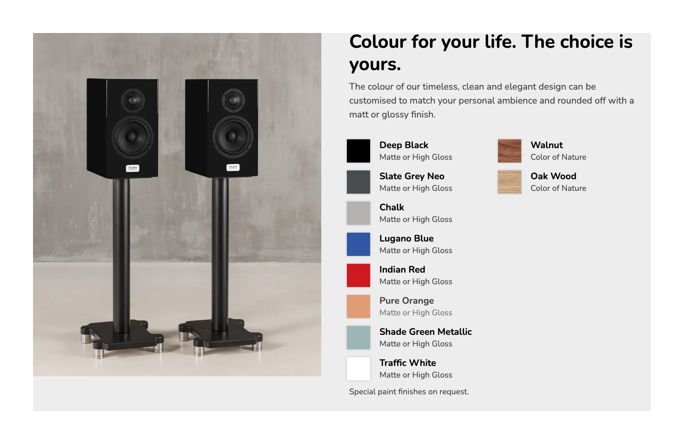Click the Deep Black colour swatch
click(x=358, y=151)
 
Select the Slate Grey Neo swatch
click(x=358, y=182)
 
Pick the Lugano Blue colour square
click(x=358, y=244)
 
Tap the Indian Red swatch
click(x=358, y=275)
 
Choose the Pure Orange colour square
click(x=358, y=307)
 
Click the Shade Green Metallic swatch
click(x=358, y=338)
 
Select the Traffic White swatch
click(x=358, y=369)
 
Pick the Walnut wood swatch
click(x=509, y=151)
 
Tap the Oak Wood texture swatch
click(x=509, y=182)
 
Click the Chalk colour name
click(x=392, y=207)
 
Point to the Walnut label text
click(x=546, y=145)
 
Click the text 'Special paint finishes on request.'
click(x=409, y=392)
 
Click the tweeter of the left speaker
click(x=133, y=100)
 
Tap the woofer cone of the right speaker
click(x=232, y=136)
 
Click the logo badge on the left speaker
click(x=133, y=168)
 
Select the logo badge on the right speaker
click(x=233, y=167)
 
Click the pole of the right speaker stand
click(x=220, y=254)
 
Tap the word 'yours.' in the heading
click(x=375, y=65)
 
